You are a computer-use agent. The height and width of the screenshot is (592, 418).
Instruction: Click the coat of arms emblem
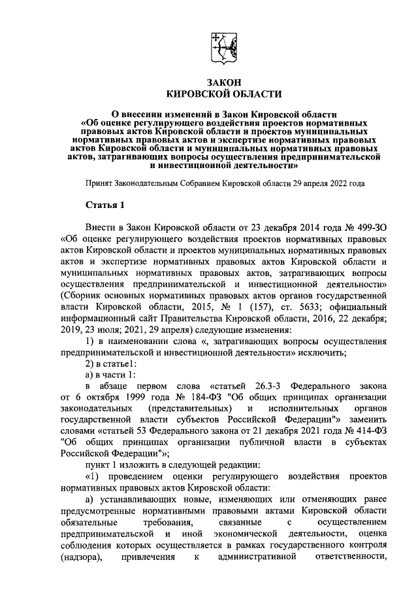[222, 50]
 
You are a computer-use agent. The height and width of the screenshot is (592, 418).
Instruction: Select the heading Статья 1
[104, 205]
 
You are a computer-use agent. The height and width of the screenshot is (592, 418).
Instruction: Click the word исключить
[327, 354]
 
